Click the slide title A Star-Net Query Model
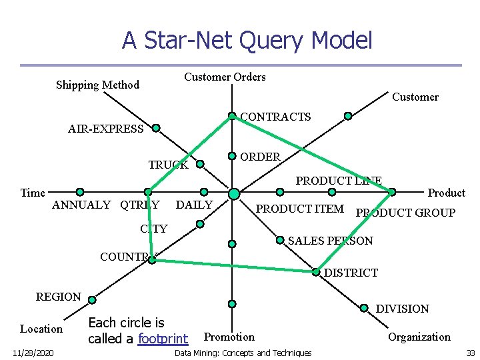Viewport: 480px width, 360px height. [x=247, y=41]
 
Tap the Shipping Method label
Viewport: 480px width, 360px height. [x=97, y=85]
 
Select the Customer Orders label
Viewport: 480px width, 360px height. [x=225, y=77]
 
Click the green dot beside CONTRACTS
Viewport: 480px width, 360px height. [x=232, y=116]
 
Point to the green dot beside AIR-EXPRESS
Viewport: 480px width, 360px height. [x=155, y=127]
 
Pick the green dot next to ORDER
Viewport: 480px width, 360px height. [x=232, y=156]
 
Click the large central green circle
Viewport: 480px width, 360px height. [x=233, y=193]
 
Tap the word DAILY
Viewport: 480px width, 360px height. [x=194, y=205]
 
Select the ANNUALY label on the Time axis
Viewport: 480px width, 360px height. [x=81, y=205]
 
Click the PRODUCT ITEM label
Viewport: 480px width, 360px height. [x=300, y=209]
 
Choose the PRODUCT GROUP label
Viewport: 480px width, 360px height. [x=405, y=213]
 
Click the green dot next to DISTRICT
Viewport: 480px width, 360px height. [x=315, y=272]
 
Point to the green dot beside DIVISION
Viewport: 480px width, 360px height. [x=364, y=308]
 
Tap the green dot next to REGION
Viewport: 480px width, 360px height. [x=92, y=299]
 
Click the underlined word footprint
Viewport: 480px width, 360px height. [x=163, y=339]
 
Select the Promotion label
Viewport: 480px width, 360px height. [x=229, y=337]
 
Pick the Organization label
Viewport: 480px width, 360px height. [x=419, y=337]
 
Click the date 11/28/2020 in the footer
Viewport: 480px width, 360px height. [x=33, y=353]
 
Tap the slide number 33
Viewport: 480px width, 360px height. [x=470, y=353]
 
